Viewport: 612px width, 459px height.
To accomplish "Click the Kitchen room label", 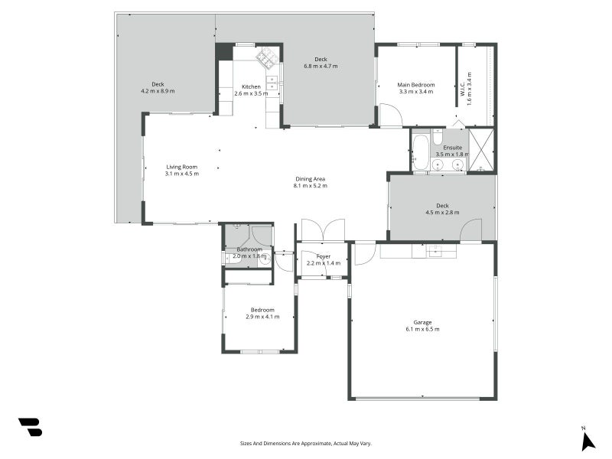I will click(x=251, y=86).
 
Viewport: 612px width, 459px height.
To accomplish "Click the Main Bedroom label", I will click(x=416, y=84).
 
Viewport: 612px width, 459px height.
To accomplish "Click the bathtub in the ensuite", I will click(x=421, y=151).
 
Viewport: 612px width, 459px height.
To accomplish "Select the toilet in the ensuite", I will click(x=437, y=138).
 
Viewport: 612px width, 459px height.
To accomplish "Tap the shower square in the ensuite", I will click(x=481, y=150).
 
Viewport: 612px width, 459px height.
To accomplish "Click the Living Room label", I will click(x=182, y=167).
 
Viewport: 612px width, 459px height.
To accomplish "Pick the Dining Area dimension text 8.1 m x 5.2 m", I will click(x=311, y=186).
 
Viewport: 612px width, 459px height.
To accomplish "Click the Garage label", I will click(x=422, y=322).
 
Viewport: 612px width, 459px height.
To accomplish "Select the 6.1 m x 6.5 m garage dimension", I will click(x=422, y=329).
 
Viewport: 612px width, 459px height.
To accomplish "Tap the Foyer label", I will click(x=324, y=256).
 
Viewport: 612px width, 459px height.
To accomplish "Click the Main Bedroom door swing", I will click(x=390, y=116).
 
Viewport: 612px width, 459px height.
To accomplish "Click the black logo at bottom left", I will click(x=31, y=427).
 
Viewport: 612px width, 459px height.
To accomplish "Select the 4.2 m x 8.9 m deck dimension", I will click(x=158, y=91).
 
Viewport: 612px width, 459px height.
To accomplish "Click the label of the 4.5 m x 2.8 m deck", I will click(x=442, y=205).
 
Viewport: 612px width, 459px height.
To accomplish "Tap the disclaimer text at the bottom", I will click(x=306, y=443).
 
